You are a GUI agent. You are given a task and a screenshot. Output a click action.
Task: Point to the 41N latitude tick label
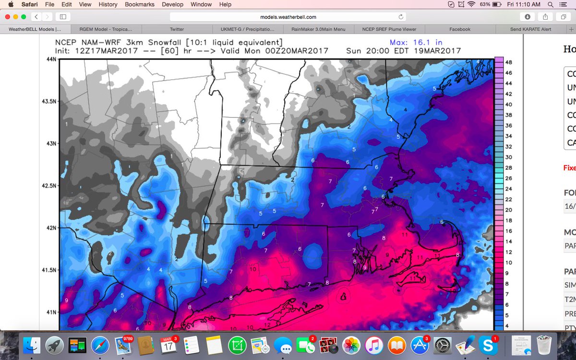point(49,312)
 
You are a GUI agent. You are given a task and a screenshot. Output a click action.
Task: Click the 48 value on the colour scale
point(509,62)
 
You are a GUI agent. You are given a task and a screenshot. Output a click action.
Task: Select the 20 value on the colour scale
point(509,210)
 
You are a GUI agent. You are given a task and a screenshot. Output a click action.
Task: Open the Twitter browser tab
point(177,29)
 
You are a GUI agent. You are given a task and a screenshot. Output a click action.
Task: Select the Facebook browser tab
point(460,29)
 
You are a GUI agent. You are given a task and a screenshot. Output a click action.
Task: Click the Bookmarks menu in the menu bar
point(139,4)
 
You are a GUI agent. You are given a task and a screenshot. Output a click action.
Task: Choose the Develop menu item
point(172,4)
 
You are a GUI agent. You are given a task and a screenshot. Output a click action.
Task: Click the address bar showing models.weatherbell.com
point(288,17)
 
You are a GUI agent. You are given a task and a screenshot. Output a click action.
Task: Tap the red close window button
point(7,16)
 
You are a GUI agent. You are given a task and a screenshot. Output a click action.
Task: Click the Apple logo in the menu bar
point(10,4)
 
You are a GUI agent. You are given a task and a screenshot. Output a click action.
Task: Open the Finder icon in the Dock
point(32,345)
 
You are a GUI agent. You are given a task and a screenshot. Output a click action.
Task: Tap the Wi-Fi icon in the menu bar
point(471,4)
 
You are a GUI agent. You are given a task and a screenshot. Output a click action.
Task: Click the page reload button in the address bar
point(401,17)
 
